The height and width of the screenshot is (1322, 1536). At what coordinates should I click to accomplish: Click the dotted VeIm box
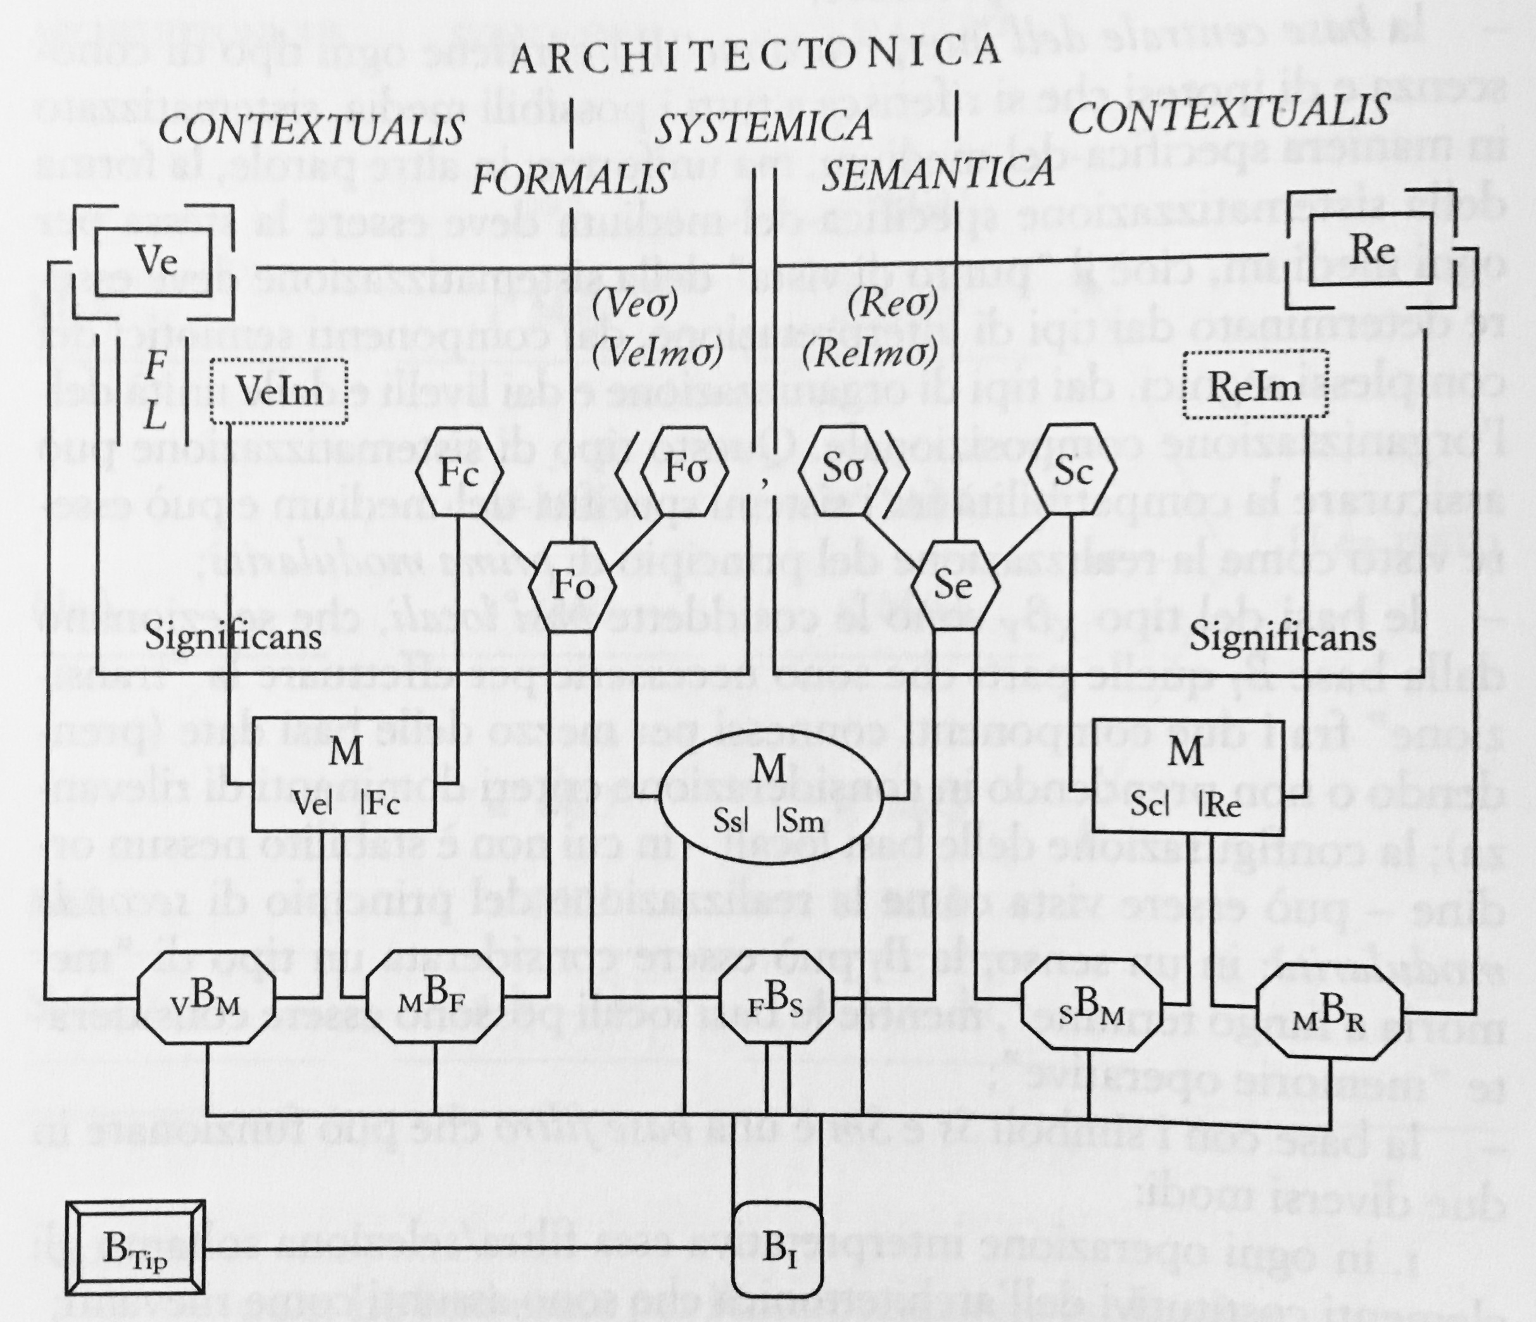279,390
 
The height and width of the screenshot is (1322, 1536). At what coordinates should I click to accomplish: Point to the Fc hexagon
458,472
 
